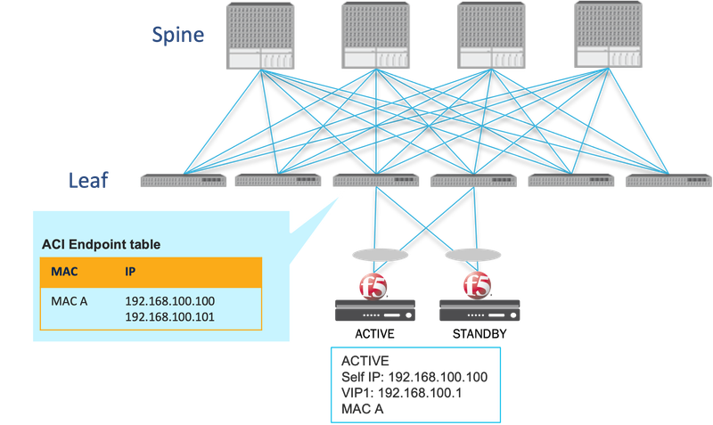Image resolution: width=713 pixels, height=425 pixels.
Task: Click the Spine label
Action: (x=176, y=35)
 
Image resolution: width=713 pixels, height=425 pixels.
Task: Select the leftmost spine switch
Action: (x=260, y=36)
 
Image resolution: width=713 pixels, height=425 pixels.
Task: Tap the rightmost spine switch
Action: (x=608, y=36)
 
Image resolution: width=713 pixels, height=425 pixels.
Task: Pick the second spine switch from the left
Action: (x=376, y=36)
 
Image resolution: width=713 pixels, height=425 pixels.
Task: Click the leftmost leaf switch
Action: (x=184, y=181)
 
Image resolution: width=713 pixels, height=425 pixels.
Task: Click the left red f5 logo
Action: (x=371, y=286)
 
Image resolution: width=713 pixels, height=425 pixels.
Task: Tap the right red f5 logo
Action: (x=478, y=286)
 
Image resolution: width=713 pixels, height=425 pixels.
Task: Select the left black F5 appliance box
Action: (x=375, y=310)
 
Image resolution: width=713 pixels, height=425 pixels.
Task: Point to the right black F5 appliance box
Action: (x=479, y=310)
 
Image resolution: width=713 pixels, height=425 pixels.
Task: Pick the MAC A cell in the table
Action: (x=70, y=300)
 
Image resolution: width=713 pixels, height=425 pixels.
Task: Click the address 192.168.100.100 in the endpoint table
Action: (x=169, y=300)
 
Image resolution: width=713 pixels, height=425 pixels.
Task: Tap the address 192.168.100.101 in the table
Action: (x=169, y=315)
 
